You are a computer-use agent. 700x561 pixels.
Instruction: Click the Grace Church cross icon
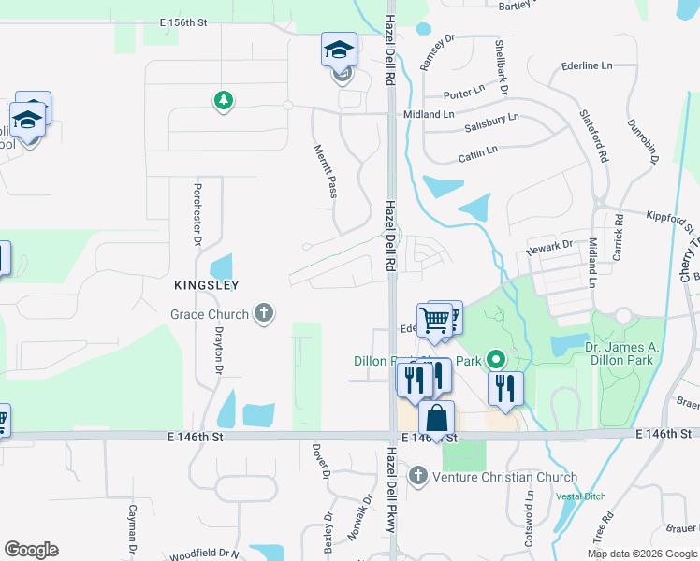[264, 313]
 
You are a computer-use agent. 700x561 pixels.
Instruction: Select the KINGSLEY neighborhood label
[205, 284]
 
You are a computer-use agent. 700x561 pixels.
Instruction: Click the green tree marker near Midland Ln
[223, 99]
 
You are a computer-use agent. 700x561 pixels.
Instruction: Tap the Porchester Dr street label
[198, 213]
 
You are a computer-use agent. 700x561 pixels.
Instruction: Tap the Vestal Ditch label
[580, 496]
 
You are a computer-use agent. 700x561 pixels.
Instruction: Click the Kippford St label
[670, 221]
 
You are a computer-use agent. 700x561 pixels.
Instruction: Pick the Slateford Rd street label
[595, 135]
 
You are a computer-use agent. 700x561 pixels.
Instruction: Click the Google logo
[31, 550]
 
